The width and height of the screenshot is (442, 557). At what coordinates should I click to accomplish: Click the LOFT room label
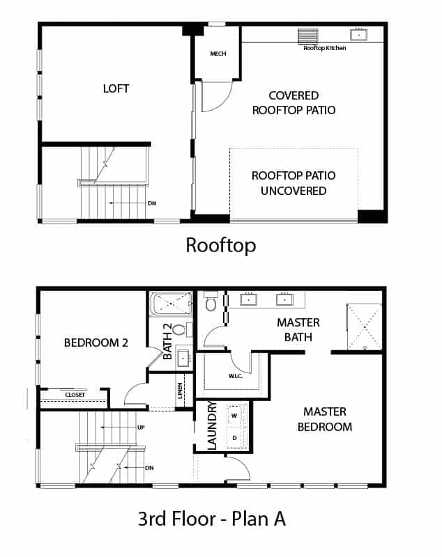(116, 88)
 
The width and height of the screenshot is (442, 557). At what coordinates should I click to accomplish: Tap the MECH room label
(218, 54)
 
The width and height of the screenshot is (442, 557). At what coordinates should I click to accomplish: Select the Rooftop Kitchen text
(325, 48)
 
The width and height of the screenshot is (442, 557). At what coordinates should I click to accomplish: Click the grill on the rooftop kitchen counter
(308, 36)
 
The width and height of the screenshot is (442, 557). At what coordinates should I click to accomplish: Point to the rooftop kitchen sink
(359, 35)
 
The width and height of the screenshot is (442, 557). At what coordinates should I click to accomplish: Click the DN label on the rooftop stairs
(152, 203)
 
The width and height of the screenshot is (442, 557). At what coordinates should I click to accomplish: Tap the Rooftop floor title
(221, 246)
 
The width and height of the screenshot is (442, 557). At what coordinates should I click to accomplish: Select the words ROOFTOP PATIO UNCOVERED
(294, 183)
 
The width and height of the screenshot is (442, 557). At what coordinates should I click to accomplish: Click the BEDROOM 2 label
(96, 343)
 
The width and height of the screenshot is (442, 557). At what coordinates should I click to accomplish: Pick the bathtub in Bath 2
(171, 304)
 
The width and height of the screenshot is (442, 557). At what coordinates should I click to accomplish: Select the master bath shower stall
(364, 327)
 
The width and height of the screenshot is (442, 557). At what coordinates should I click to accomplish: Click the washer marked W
(234, 416)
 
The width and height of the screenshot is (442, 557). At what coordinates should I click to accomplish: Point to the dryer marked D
(234, 438)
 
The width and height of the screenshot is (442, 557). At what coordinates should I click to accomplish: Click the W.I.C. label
(236, 376)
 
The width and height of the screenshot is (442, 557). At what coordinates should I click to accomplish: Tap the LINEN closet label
(181, 391)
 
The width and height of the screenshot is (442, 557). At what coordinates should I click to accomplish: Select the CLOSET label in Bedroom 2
(75, 395)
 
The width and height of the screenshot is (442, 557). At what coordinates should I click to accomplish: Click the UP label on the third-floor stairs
(141, 427)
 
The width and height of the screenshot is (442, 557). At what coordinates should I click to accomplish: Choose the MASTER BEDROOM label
(325, 419)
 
